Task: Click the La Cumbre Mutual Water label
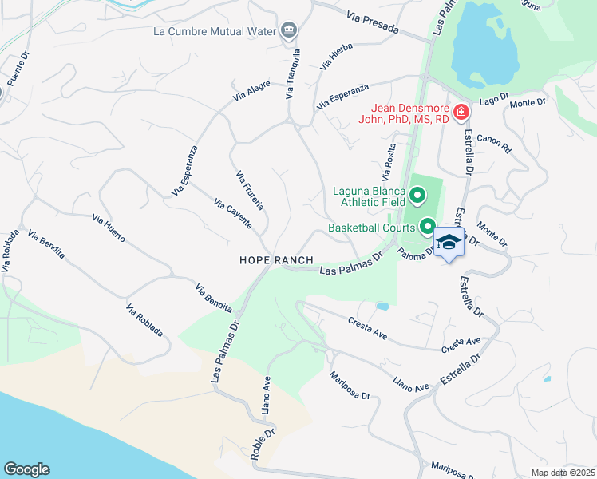215,32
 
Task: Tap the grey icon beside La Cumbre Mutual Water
288,32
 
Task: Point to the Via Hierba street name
336,57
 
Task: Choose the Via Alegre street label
252,90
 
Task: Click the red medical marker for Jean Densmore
461,113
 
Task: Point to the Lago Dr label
494,98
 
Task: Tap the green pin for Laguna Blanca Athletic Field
417,196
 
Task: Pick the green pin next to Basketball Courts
427,228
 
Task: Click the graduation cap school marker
449,243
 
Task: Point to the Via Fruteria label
250,190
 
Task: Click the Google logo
27,469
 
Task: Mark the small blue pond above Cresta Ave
382,306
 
